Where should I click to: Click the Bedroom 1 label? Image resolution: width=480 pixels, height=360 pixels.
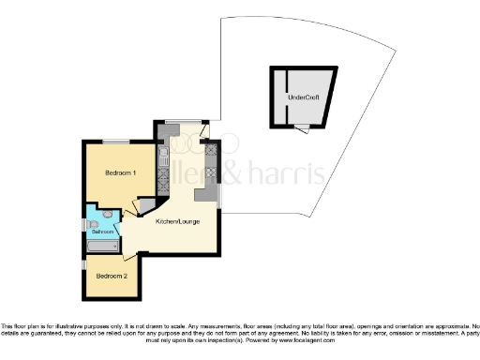click(121, 173)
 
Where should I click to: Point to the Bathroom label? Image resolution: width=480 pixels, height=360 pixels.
click(102, 232)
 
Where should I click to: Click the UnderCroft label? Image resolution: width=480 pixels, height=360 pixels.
click(304, 97)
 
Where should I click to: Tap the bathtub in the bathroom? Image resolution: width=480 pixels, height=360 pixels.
click(102, 247)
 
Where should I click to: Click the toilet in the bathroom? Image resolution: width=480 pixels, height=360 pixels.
click(108, 215)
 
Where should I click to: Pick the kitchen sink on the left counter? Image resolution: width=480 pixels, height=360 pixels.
click(163, 155)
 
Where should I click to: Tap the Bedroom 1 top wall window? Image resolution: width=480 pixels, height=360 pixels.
click(116, 141)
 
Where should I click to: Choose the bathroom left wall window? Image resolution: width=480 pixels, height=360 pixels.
click(85, 225)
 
